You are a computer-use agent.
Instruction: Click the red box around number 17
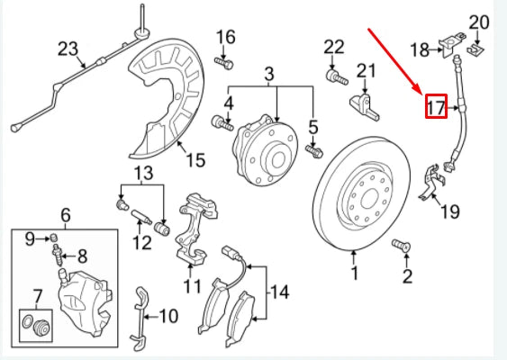pyautogui.click(x=437, y=107)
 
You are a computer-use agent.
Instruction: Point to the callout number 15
pyautogui.click(x=195, y=160)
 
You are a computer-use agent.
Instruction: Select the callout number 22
pyautogui.click(x=333, y=46)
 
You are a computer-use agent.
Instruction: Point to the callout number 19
pyautogui.click(x=449, y=212)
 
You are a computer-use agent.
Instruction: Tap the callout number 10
pyautogui.click(x=168, y=316)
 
